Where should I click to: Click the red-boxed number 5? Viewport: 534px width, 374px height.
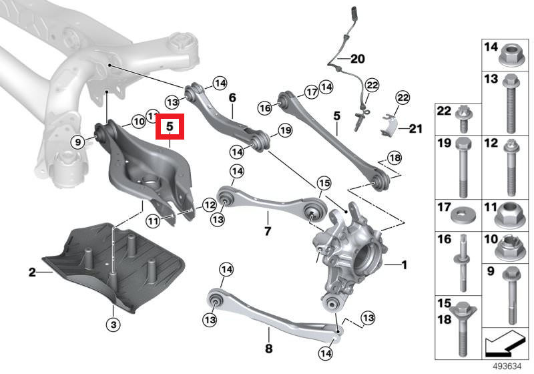click(170, 127)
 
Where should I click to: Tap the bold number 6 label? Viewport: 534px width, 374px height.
click(232, 98)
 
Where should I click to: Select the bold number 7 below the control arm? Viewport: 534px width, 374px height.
click(268, 231)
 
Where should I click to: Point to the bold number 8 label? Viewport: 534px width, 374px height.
click(269, 349)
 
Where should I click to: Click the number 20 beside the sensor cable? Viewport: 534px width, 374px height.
click(357, 59)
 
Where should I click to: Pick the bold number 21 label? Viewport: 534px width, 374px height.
click(415, 129)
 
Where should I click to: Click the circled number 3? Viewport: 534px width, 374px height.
click(113, 325)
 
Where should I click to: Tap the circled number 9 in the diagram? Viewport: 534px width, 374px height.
click(77, 142)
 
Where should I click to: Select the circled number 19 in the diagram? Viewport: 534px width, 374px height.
click(285, 130)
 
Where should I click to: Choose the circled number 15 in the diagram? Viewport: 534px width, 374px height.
click(324, 183)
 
